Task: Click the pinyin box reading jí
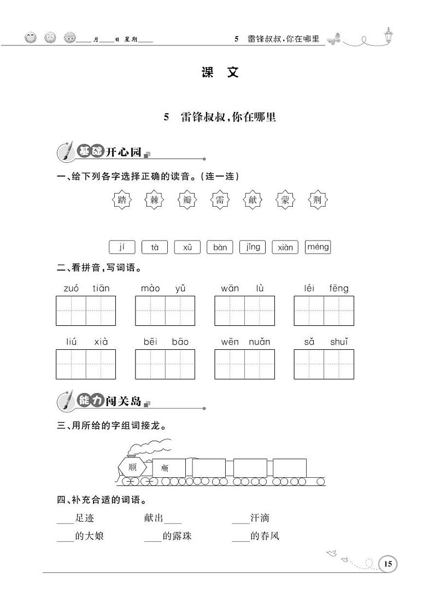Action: click(122, 247)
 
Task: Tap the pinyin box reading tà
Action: click(155, 247)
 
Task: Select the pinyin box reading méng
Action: click(318, 247)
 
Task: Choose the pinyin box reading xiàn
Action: click(285, 247)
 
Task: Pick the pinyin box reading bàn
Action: click(220, 247)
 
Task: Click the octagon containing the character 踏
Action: click(122, 200)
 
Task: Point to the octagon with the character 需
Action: click(220, 200)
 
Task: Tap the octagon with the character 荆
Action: click(318, 200)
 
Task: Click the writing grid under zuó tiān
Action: click(86, 311)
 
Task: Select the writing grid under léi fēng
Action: click(324, 311)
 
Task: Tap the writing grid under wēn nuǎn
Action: click(244, 364)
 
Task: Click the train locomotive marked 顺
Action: click(132, 467)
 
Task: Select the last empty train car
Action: click(290, 467)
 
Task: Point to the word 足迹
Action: click(85, 518)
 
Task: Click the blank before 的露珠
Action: click(153, 536)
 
